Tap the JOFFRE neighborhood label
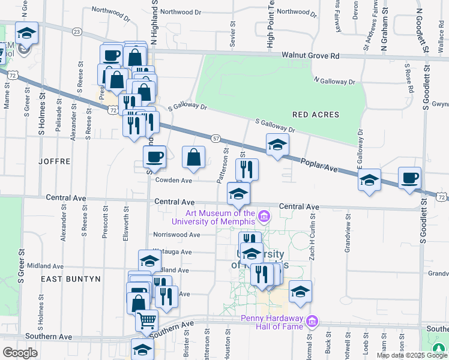click(55, 161)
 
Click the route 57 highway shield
click(215, 138)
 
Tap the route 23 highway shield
click(76, 31)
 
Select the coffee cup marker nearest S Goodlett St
click(409, 178)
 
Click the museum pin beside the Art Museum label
click(263, 216)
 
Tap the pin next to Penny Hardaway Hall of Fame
click(311, 322)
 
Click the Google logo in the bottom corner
click(20, 353)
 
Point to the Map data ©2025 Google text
click(411, 355)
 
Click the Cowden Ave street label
click(173, 180)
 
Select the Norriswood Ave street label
click(176, 235)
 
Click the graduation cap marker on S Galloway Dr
click(277, 145)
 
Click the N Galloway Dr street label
click(334, 81)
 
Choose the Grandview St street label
click(348, 237)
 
